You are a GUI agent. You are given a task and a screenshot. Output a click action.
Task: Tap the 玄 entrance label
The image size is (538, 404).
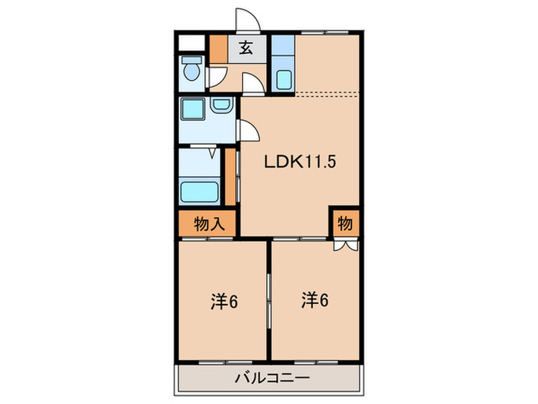244,48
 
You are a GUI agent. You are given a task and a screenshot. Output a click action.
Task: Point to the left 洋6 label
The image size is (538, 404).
224,301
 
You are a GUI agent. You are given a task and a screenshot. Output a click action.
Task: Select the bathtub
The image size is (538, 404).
199,190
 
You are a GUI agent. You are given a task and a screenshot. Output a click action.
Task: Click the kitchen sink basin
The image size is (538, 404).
283,78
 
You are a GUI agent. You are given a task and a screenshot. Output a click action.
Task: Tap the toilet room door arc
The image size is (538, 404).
218,78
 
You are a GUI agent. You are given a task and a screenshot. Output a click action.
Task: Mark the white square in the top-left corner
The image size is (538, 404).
191,43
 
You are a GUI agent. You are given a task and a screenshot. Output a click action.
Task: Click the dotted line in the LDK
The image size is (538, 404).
327,93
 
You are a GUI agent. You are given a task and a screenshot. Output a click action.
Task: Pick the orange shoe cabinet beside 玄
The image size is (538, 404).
218,50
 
